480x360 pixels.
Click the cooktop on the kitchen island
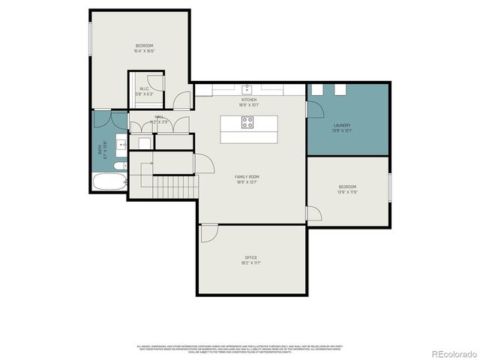click(247, 124)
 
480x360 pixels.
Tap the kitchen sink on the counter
click(247, 91)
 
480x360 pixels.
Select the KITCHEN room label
click(248, 100)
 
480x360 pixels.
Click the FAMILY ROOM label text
click(247, 177)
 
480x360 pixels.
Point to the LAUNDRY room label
click(342, 126)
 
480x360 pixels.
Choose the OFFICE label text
click(250, 257)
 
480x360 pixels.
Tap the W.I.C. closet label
click(144, 89)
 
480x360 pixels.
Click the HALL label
click(159, 117)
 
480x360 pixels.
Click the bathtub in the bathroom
click(109, 181)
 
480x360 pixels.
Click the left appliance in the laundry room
click(319, 90)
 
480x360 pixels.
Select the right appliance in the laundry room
click(339, 90)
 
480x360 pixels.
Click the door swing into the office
click(210, 232)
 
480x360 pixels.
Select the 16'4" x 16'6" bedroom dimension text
click(144, 51)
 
